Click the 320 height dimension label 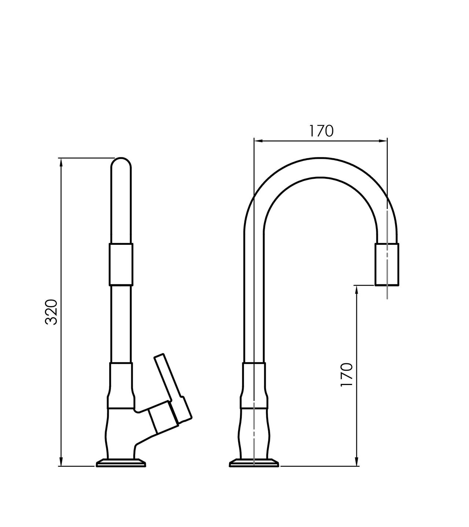tap(51, 312)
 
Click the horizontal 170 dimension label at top tap(321, 131)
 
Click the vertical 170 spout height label tap(347, 378)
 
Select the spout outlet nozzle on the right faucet tap(387, 264)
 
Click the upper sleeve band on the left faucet tap(121, 265)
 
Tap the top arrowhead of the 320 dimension tap(61, 162)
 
